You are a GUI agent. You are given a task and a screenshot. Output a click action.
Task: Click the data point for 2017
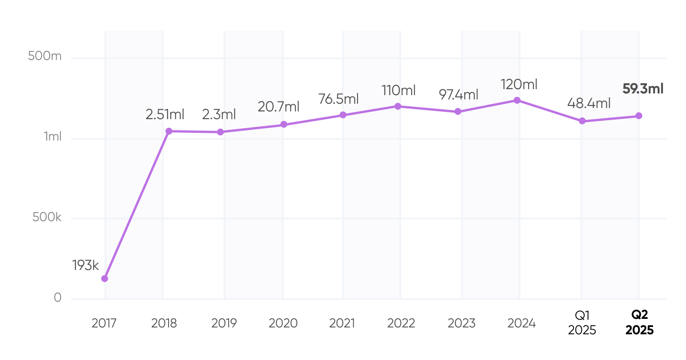105,279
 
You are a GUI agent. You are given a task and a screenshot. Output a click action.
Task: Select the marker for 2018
169,131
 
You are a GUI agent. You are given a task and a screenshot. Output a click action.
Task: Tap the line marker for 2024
517,100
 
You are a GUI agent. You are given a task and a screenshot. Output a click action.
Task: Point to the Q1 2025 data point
582,121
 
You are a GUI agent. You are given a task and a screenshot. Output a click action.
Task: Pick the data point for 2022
398,106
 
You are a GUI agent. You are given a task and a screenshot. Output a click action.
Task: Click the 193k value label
85,265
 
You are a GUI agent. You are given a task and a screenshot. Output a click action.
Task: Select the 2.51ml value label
165,114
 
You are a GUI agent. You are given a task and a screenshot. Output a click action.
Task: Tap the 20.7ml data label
278,107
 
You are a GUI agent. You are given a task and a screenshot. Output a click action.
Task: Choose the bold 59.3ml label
643,89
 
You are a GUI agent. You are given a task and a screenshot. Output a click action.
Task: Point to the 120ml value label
519,84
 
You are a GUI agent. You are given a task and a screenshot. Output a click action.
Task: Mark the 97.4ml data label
458,95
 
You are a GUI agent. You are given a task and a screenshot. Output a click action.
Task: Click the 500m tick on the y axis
45,56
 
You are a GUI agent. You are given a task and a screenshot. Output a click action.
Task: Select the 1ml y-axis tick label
53,137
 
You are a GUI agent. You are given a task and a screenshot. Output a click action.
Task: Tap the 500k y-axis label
47,217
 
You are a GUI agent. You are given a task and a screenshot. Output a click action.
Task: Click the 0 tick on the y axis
57,297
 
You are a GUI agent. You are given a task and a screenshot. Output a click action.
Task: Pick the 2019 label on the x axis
224,323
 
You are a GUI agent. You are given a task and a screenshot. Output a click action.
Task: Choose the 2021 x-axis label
342,323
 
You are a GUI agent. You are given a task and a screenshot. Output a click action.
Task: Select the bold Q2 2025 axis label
639,323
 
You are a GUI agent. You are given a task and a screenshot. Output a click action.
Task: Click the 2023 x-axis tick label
461,323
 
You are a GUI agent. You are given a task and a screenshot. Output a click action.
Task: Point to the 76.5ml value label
338,99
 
